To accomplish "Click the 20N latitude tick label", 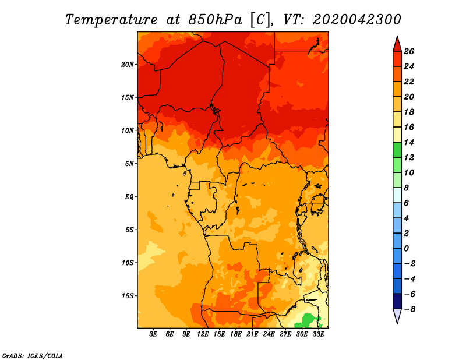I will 128,64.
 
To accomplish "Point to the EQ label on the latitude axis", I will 129,196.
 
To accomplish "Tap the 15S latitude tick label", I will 128,295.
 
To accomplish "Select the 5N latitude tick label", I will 129,163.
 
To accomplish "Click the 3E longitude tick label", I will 153,334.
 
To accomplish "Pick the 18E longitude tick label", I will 236,334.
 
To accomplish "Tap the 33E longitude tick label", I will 319,334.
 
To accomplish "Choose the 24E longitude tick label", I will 269,334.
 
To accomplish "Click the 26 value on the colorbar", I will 409,51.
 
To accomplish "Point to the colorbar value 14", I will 409,142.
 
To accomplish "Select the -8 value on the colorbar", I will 409,309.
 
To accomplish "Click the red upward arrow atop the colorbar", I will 397,43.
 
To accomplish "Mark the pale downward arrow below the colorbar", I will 397,316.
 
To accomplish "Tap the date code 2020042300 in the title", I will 356,19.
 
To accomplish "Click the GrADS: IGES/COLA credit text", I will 32,355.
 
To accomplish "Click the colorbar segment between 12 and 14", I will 397,150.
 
